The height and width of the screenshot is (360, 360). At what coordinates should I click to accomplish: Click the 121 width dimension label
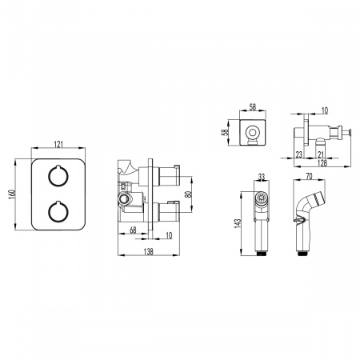pyautogui.click(x=58, y=144)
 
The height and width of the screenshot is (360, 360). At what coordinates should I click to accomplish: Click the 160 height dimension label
pyautogui.click(x=11, y=194)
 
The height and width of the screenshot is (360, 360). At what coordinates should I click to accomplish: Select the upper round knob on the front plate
pyautogui.click(x=58, y=175)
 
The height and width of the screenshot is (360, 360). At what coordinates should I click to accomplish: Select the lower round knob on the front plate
pyautogui.click(x=58, y=212)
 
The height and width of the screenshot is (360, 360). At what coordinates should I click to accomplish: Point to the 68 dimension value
pyautogui.click(x=133, y=230)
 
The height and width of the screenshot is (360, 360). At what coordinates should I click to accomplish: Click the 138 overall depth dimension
pyautogui.click(x=149, y=251)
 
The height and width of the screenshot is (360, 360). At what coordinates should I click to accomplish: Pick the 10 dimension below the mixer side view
pyautogui.click(x=169, y=235)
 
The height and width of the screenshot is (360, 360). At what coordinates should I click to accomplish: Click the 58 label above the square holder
pyautogui.click(x=252, y=107)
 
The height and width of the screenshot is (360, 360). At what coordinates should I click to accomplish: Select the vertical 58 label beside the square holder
pyautogui.click(x=226, y=133)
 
